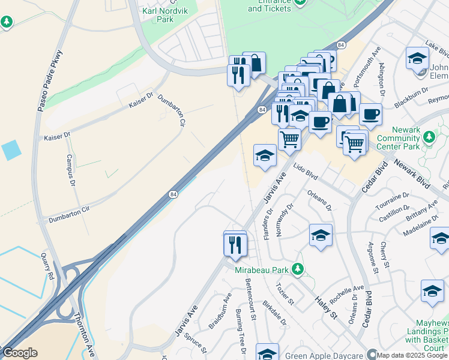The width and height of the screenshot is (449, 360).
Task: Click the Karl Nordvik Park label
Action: point(157,15)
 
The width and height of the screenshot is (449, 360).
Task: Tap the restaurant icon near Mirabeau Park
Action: point(235,245)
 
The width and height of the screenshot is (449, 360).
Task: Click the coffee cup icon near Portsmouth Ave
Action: point(370,114)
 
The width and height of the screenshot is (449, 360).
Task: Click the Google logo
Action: point(19,353)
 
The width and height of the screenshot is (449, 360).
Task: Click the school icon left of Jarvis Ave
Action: point(265,155)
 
